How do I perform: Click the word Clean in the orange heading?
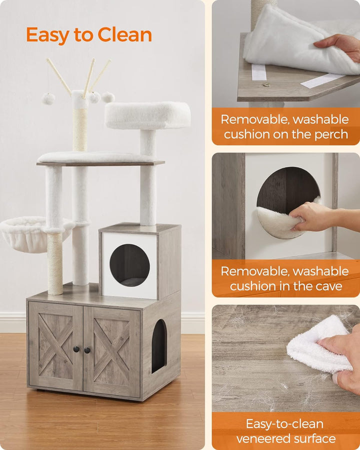[124, 34]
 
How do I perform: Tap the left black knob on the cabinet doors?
[76, 349]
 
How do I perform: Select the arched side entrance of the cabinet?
[159, 346]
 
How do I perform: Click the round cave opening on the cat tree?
[129, 265]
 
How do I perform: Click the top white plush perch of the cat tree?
[147, 115]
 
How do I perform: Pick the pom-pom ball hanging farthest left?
[48, 98]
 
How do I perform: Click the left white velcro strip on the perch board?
[259, 72]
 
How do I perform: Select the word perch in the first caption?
[331, 134]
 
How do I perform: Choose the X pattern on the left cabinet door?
[55, 344]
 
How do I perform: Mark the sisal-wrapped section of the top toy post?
[80, 129]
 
